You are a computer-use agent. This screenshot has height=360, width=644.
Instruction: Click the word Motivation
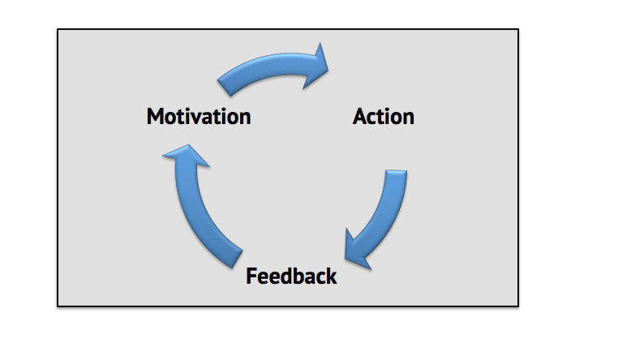coord(199,117)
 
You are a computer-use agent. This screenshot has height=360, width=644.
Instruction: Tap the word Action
coord(383,117)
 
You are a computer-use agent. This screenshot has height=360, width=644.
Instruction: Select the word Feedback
coord(291,276)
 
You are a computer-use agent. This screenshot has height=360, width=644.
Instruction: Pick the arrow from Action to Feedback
coord(381,215)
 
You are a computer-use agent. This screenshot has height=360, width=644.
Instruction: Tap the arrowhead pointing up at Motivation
coord(187,156)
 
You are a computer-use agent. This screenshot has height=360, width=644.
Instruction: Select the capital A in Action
coord(361,117)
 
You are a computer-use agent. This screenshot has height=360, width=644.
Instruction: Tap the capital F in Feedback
coord(251,276)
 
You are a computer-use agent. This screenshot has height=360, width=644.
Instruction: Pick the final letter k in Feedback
coord(331,276)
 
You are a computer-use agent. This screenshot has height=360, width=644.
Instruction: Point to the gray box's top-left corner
coord(58,30)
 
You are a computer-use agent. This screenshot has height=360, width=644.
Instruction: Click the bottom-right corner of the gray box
coord(517,306)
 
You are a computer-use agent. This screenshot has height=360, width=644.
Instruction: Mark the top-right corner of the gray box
coord(517,30)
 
